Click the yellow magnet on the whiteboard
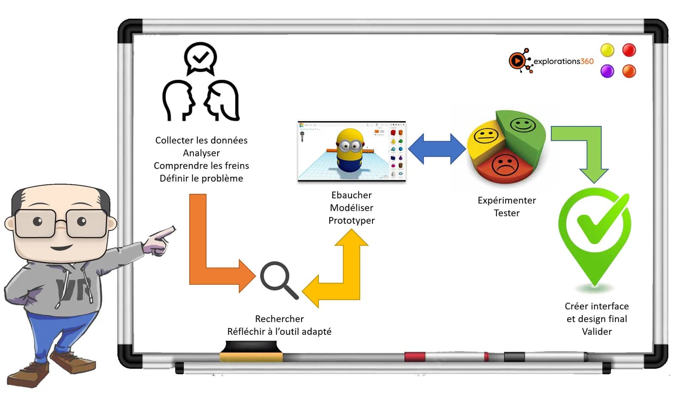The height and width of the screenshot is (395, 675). [x=607, y=50]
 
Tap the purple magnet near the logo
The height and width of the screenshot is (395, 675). [x=607, y=71]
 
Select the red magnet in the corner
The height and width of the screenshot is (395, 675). [x=629, y=50]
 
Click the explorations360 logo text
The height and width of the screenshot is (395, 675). [x=563, y=61]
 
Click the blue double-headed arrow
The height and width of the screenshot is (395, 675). [x=437, y=149]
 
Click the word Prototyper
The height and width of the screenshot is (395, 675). [x=351, y=220]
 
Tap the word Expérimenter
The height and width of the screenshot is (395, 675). [x=507, y=200]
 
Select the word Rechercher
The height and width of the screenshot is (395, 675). [x=279, y=319]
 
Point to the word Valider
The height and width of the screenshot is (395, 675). [x=597, y=331]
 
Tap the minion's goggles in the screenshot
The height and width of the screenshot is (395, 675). [x=350, y=146]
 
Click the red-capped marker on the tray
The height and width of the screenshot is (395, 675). [x=445, y=356]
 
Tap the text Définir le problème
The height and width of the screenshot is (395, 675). [x=201, y=178]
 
